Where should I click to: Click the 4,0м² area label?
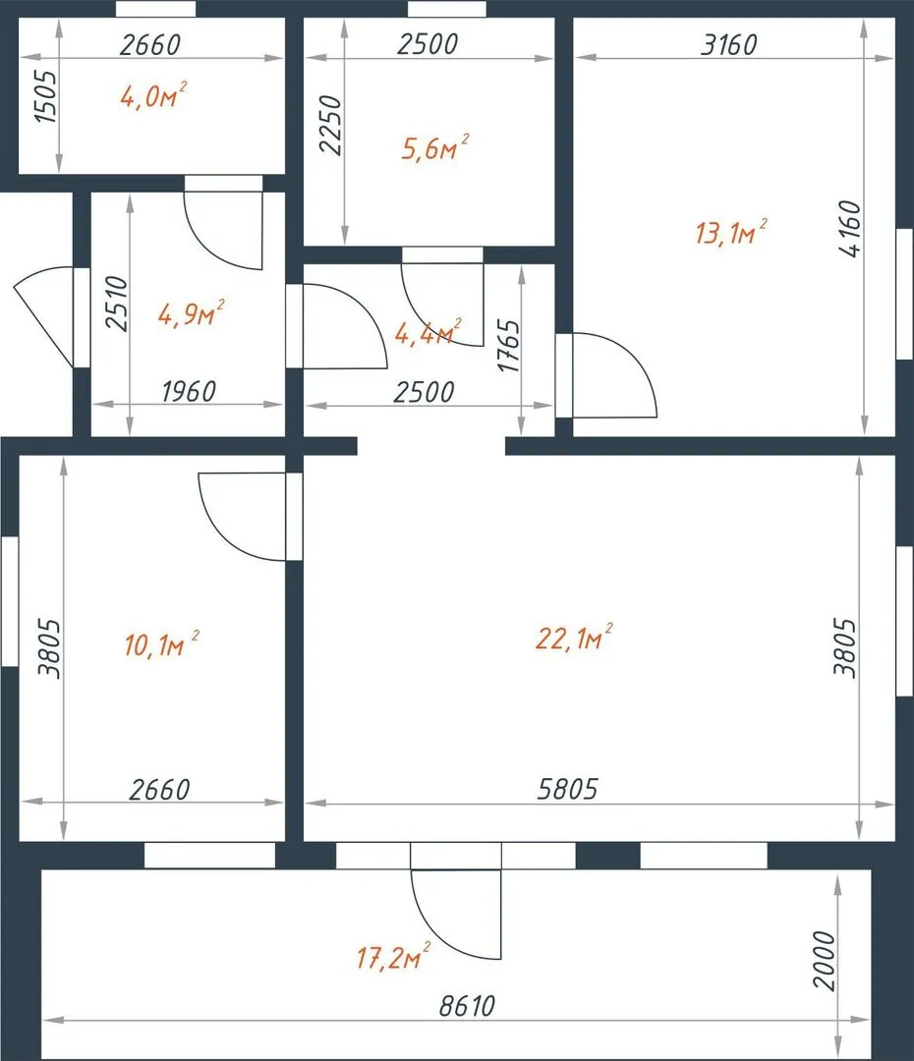[x=153, y=95]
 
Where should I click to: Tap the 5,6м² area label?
[x=434, y=147]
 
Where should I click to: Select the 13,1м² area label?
[x=731, y=232]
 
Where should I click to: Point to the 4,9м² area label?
[x=191, y=313]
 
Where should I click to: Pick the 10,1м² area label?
[x=162, y=643]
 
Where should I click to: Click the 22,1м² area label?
[x=574, y=638]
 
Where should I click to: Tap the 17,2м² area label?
[x=393, y=957]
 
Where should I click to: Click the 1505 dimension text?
[x=47, y=96]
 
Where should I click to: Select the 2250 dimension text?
[x=330, y=125]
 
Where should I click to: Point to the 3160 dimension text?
[x=728, y=44]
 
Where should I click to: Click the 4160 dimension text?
[x=850, y=229]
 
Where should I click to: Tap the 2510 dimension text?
[x=116, y=304]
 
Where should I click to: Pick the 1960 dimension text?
[x=189, y=391]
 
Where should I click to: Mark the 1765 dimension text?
[x=509, y=346]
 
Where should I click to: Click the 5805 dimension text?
[x=567, y=789]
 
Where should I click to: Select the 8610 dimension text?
[x=467, y=1006]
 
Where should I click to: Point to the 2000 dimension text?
[x=825, y=961]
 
